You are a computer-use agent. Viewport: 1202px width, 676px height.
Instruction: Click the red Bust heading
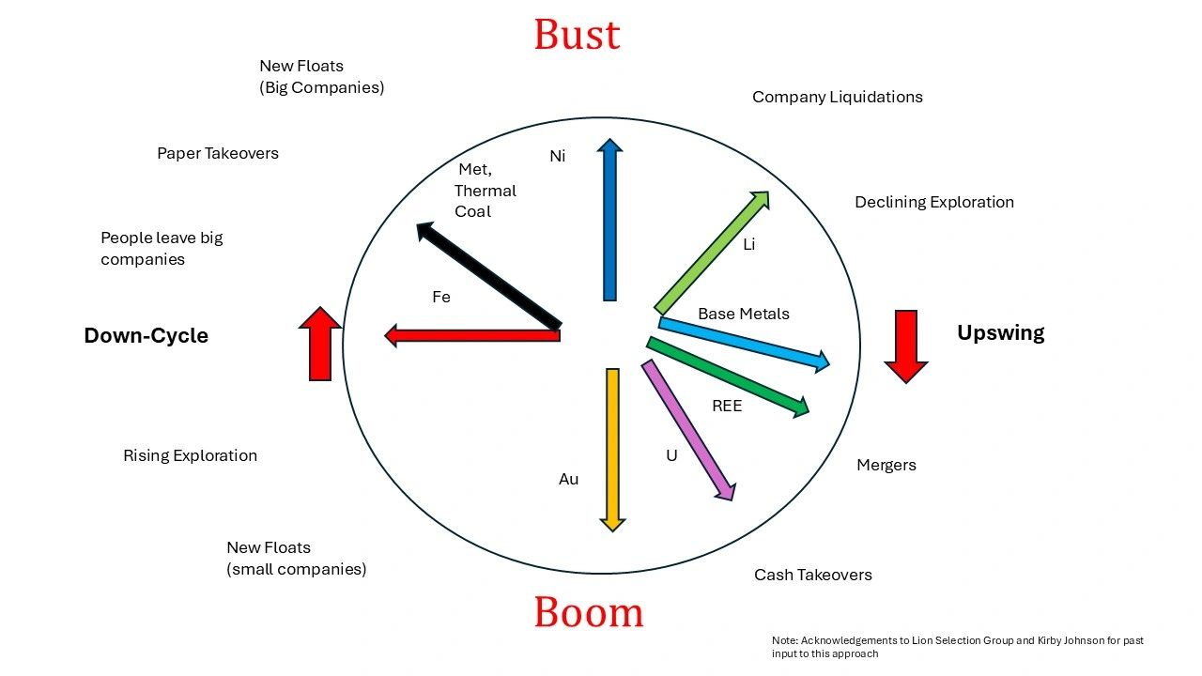pyautogui.click(x=577, y=35)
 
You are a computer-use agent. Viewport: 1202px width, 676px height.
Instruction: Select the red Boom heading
pyautogui.click(x=589, y=612)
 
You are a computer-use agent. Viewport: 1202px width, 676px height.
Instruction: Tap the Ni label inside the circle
pyautogui.click(x=558, y=156)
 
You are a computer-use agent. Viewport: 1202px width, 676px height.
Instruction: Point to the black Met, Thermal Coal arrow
pyautogui.click(x=488, y=276)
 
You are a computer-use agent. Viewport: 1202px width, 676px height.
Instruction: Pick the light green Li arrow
pyautogui.click(x=711, y=253)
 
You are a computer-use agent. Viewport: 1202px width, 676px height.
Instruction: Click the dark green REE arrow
pyautogui.click(x=727, y=376)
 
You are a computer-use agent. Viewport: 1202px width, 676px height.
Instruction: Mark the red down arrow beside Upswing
pyautogui.click(x=906, y=346)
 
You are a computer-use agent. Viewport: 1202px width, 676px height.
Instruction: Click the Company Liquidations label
pyautogui.click(x=837, y=97)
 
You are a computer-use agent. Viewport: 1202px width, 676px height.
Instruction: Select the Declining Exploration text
pyautogui.click(x=933, y=202)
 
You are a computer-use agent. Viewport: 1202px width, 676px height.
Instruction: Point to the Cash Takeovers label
pyautogui.click(x=812, y=575)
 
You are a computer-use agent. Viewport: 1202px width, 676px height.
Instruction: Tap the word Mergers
pyautogui.click(x=886, y=465)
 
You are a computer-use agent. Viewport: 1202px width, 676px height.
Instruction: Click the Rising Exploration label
pyautogui.click(x=190, y=455)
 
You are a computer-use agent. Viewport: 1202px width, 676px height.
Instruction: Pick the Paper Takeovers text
pyautogui.click(x=217, y=153)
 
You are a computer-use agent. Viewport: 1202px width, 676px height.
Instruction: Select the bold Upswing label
pyautogui.click(x=1000, y=332)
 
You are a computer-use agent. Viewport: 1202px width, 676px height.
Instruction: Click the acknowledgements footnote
pyautogui.click(x=957, y=647)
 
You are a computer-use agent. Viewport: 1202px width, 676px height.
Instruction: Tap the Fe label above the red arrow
pyautogui.click(x=441, y=297)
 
